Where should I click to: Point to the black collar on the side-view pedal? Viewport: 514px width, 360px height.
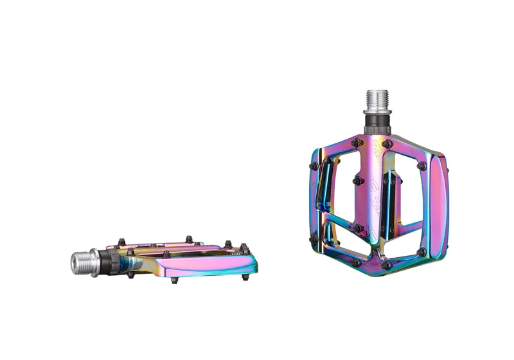110,260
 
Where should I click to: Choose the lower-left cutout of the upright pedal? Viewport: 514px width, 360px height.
341,235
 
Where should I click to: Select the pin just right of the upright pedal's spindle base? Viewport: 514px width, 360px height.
387,143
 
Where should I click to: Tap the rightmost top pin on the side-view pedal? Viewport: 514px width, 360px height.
244,246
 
